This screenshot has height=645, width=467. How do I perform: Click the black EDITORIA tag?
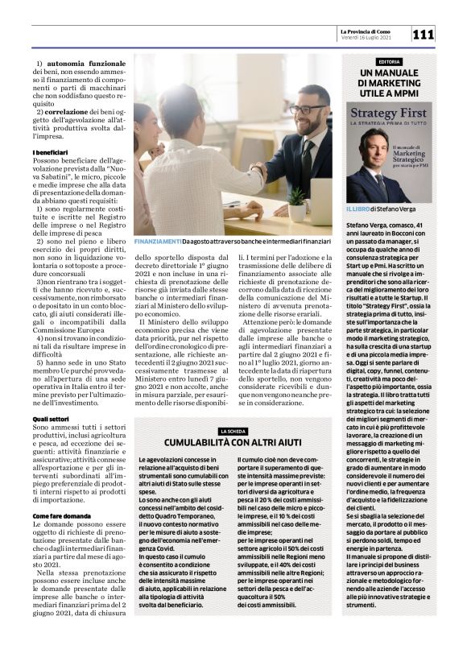[389, 62]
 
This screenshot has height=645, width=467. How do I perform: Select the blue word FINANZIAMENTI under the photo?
[156, 241]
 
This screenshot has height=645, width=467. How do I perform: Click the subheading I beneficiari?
[50, 152]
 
